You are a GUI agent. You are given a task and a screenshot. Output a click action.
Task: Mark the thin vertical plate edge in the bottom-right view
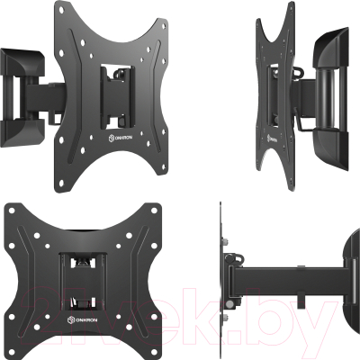(x=222, y=279)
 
